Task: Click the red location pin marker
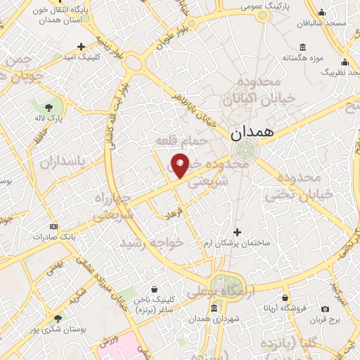[181, 165]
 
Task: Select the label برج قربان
[326, 319]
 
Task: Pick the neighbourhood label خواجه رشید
[151, 242]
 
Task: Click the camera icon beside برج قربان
[325, 309]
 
